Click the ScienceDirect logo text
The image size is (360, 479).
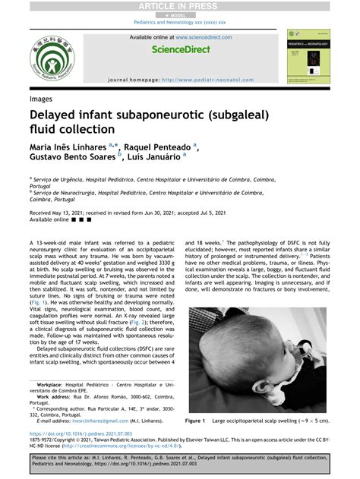click(180, 49)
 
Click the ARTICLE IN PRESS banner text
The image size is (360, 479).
click(179, 6)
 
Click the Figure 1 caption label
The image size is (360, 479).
click(196, 419)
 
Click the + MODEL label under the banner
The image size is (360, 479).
click(179, 14)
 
